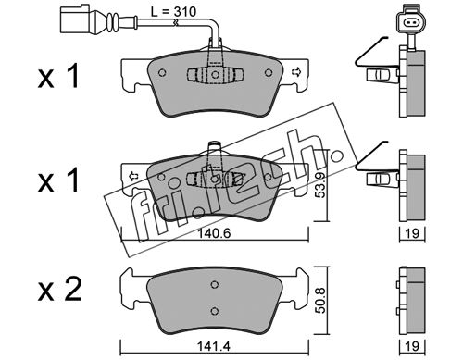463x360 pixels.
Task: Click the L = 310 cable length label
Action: [173, 12]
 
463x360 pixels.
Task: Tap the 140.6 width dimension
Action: [214, 233]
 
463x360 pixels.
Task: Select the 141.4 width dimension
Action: [214, 346]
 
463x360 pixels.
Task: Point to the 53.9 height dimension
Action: [321, 185]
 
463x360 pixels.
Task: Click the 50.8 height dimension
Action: [321, 301]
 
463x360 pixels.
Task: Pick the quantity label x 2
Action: [60, 289]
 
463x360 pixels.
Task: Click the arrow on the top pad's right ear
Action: [295, 72]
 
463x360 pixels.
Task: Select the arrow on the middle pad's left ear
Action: [133, 176]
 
